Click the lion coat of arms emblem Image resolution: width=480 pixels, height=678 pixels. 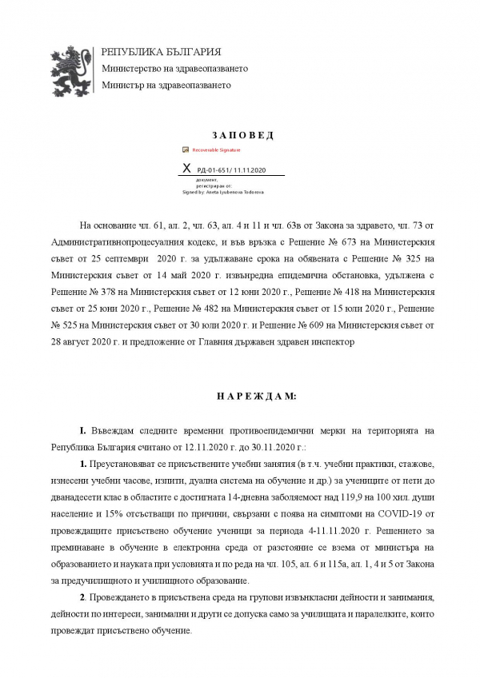tap(71, 69)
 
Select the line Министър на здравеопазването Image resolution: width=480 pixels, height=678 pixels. tap(166, 85)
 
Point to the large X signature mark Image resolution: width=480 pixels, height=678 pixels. tap(188, 169)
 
